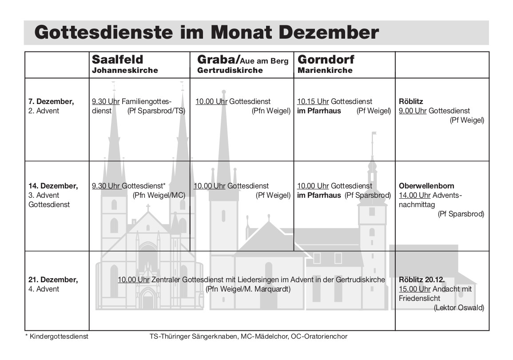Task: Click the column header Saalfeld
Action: [117, 60]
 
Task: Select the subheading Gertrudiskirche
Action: [230, 70]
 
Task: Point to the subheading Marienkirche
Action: [325, 70]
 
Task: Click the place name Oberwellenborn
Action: [426, 186]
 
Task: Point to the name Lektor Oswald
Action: [459, 308]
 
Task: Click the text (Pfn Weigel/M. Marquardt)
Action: [248, 289]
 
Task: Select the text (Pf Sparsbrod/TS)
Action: [156, 111]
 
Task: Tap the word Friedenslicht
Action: [420, 298]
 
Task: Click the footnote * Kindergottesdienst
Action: [56, 336]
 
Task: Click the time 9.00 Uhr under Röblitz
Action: [413, 111]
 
